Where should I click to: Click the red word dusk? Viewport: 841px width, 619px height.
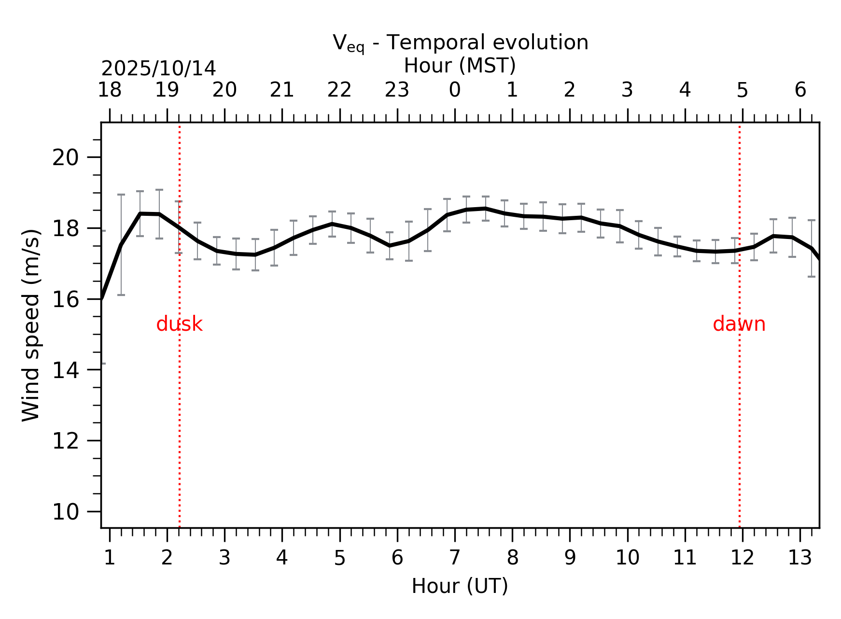(179, 324)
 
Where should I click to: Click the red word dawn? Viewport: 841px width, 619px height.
(739, 324)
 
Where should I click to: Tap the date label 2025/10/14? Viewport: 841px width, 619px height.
(158, 69)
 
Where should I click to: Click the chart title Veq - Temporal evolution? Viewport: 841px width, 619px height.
(460, 42)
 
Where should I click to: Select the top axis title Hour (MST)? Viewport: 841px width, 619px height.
(460, 66)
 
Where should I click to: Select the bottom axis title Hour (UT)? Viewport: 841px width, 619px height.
(460, 586)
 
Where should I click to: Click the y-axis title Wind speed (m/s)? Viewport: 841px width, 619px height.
(31, 325)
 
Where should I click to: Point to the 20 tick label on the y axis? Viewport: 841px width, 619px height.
(65, 157)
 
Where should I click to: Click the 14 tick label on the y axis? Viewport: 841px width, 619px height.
(65, 370)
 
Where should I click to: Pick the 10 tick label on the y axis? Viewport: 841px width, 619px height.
(65, 512)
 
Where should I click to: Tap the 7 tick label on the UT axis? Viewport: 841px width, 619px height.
(455, 558)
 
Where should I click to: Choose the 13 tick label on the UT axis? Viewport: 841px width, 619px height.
(799, 558)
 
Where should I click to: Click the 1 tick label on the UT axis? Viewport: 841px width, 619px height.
(110, 558)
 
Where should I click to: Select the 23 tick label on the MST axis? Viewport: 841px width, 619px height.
(397, 90)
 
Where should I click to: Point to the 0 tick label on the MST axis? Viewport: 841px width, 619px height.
(455, 90)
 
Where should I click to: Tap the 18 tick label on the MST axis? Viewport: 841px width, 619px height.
(110, 90)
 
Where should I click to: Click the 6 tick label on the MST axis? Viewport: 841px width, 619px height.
(800, 90)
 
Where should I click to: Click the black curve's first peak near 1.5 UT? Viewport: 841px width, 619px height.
(140, 213)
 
